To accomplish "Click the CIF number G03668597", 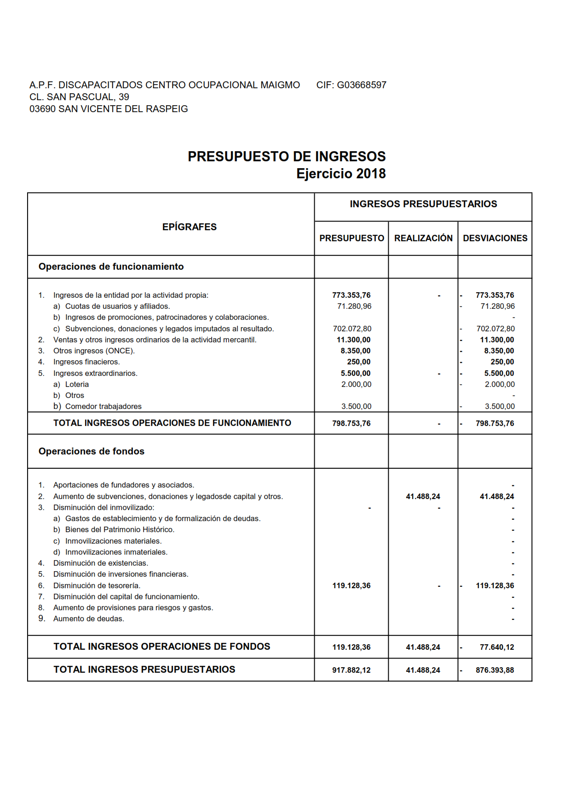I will (x=361, y=85).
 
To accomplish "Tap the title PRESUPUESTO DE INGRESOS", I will (x=287, y=157).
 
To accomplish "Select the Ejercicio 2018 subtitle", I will (x=341, y=174).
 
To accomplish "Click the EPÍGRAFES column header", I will (x=189, y=227).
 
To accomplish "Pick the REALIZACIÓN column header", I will (x=423, y=238).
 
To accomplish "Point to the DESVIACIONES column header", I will (x=495, y=238).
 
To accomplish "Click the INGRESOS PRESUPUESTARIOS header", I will (x=423, y=204).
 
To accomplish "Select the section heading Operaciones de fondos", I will (x=92, y=451).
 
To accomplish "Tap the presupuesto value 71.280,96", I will (x=354, y=307).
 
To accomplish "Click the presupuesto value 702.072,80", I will (x=352, y=329).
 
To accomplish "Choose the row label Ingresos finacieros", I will (x=86, y=362).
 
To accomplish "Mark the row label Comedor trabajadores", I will (x=103, y=407).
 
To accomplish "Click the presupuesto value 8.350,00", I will (x=356, y=351).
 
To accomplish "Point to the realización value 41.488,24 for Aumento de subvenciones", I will (x=423, y=497).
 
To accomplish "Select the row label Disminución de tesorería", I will (x=97, y=586).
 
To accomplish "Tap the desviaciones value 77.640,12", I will (x=497, y=647).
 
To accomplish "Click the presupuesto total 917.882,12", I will (x=351, y=670).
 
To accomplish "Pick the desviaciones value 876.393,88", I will (x=495, y=670).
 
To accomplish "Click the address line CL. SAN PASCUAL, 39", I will (x=79, y=97).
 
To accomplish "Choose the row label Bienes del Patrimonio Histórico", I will (x=120, y=530).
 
